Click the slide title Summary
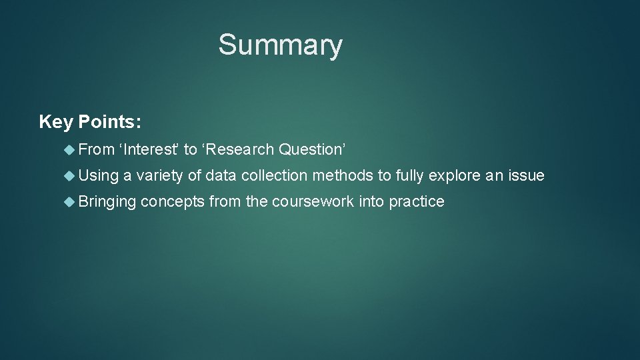tap(280, 45)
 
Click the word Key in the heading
tap(56, 122)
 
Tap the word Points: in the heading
tap(109, 122)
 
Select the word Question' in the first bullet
tap(312, 150)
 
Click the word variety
tap(160, 175)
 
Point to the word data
tap(221, 175)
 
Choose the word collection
tap(275, 175)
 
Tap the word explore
tap(453, 176)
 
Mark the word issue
tap(527, 175)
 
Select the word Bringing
tap(107, 202)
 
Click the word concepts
tap(173, 202)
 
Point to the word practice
tap(417, 202)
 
